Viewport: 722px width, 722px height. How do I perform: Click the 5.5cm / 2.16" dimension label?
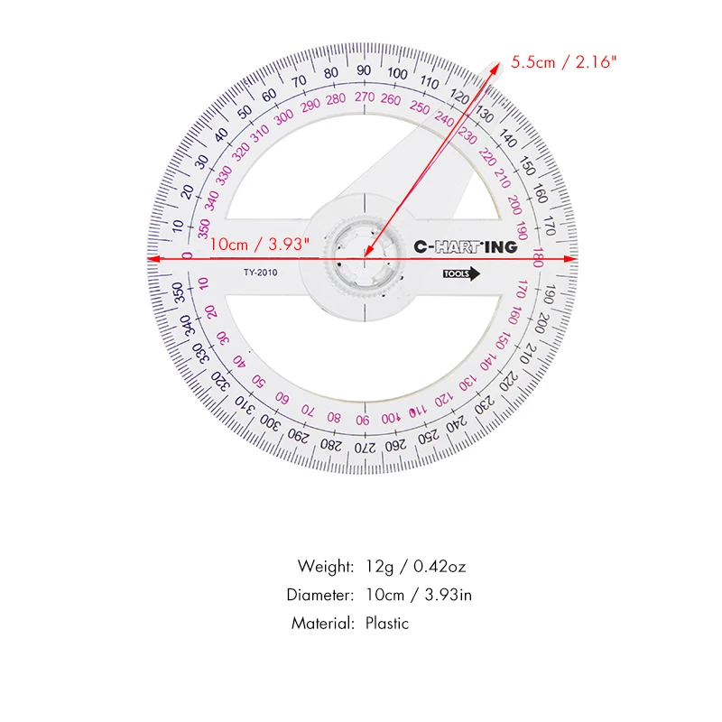[x=564, y=62]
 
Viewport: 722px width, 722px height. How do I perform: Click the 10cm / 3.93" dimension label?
[x=260, y=244]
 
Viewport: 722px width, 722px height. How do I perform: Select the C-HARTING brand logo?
[x=465, y=246]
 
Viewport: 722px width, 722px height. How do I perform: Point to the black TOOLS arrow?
[x=461, y=276]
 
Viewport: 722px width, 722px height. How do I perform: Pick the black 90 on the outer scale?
[x=364, y=70]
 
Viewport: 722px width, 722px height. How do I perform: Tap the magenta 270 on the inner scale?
[x=365, y=97]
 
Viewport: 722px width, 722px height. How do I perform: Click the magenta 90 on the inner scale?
[x=361, y=421]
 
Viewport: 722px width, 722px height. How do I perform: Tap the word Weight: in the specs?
[x=326, y=567]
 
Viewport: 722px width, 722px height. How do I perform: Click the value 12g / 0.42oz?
[x=416, y=567]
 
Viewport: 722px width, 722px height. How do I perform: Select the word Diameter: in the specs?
[x=320, y=595]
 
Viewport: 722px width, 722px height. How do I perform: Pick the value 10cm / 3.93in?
[x=419, y=595]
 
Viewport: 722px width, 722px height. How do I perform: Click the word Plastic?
[x=387, y=623]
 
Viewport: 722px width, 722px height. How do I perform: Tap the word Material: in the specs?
[x=322, y=623]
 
